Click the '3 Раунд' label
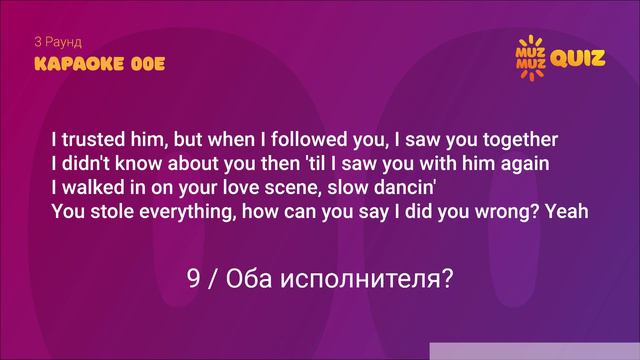tap(57, 43)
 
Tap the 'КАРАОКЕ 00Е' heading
tap(99, 64)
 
